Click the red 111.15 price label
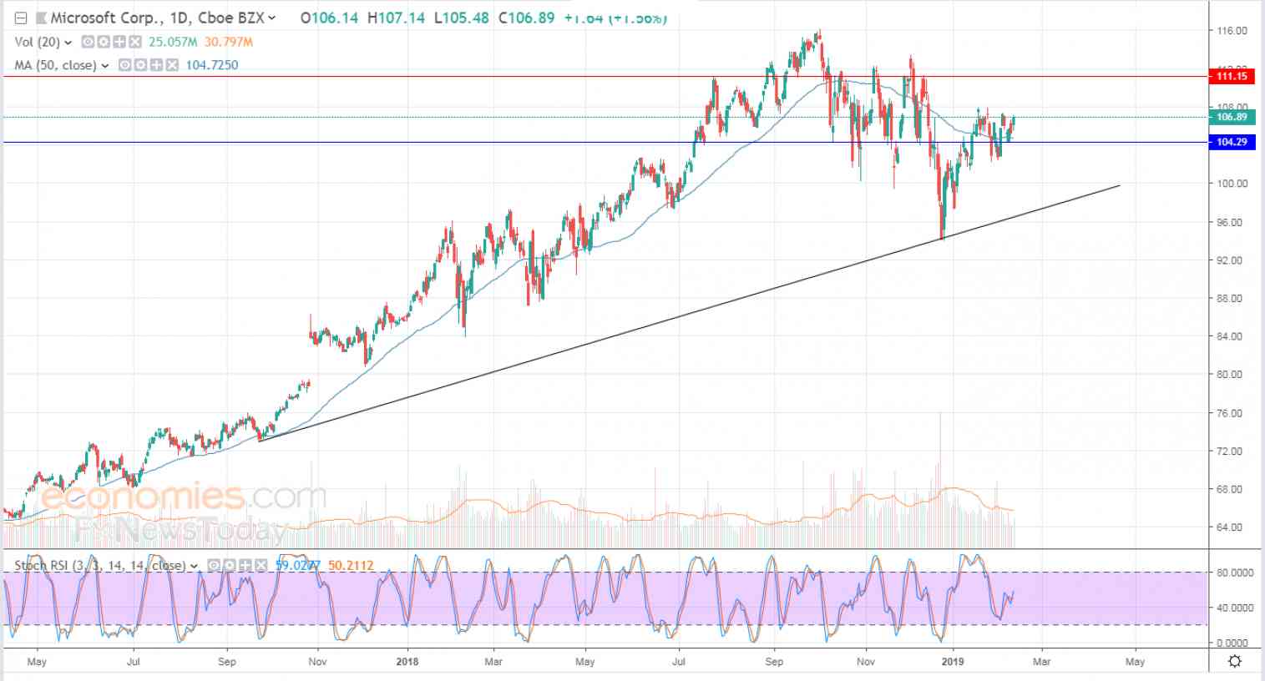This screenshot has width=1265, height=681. tap(1232, 77)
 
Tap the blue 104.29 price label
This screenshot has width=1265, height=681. tap(1232, 143)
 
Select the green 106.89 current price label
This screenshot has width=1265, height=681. tap(1232, 118)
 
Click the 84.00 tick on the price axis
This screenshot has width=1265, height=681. tap(1231, 336)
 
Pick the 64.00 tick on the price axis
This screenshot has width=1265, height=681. tap(1231, 527)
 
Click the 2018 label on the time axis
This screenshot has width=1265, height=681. tap(407, 662)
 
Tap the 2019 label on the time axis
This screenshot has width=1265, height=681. tap(953, 662)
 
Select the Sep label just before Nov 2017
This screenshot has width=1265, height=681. tap(227, 662)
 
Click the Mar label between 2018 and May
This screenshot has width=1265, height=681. tap(493, 662)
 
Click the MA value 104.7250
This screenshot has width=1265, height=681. tap(211, 65)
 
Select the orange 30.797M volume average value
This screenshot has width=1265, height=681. tap(228, 42)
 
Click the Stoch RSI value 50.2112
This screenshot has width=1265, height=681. tap(351, 566)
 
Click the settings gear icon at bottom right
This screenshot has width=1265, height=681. tap(1235, 661)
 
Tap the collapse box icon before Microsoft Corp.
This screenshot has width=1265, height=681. tap(22, 18)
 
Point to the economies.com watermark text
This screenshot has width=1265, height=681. tap(184, 497)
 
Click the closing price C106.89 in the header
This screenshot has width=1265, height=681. tap(526, 18)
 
